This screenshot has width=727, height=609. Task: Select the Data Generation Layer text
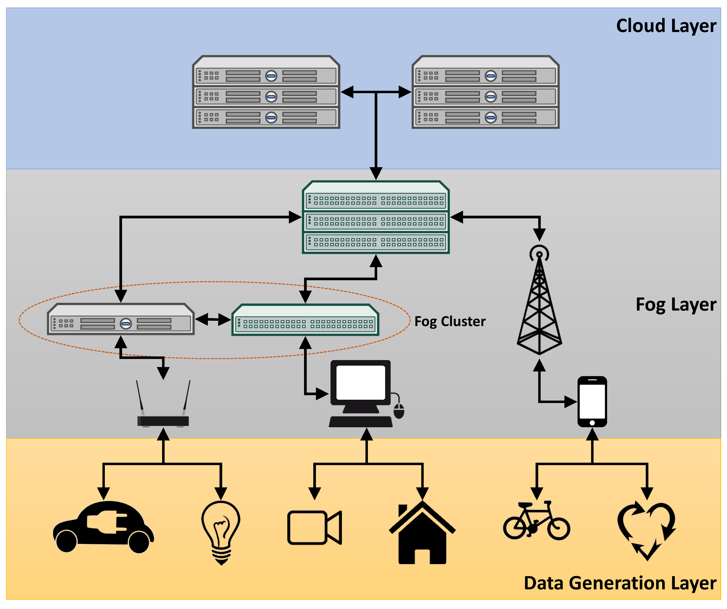tap(620, 583)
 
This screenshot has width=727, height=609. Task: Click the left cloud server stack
tap(266, 92)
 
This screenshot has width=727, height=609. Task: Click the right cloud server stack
tap(485, 92)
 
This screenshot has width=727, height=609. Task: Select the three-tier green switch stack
tap(376, 217)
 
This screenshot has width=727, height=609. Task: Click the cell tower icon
tap(539, 301)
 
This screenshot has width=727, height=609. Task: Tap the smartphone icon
tap(592, 402)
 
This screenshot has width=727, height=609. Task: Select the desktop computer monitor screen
tap(360, 383)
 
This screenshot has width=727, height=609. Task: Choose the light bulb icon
tap(221, 530)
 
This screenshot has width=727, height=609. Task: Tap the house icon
tap(422, 533)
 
